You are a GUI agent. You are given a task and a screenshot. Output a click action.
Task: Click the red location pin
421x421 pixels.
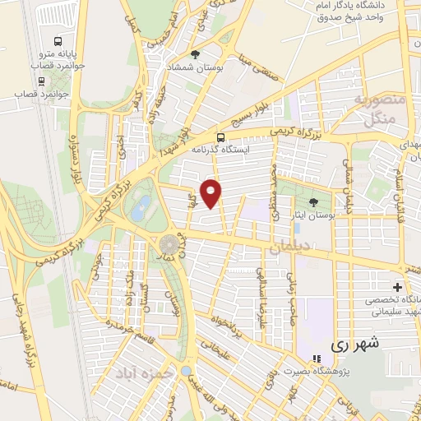tap(212, 193)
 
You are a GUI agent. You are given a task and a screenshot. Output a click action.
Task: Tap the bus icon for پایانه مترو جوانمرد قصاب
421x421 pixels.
tap(58, 41)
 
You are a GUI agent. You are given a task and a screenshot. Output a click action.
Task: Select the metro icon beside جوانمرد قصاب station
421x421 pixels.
tap(41, 81)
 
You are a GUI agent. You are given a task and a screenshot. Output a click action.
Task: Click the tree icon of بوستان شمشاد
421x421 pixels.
tap(196, 54)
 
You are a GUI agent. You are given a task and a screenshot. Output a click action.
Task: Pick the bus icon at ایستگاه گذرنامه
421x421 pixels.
tap(220, 138)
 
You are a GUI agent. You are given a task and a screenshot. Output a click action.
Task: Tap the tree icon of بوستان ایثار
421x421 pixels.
tap(312, 202)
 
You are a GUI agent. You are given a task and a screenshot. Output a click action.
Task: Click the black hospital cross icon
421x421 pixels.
tap(398, 288)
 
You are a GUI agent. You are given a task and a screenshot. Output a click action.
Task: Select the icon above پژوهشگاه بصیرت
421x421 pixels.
tap(315, 359)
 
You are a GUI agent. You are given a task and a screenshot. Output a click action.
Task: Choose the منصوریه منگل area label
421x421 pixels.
tap(375, 110)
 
